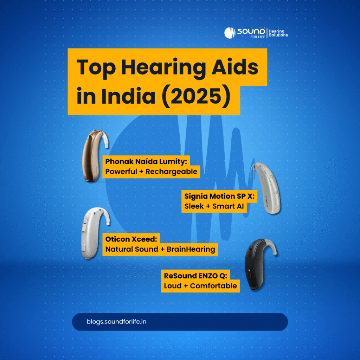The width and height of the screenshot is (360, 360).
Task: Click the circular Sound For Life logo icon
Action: (230, 33)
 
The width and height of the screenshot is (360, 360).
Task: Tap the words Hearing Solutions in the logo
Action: (278, 33)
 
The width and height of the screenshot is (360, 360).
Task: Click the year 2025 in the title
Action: (196, 96)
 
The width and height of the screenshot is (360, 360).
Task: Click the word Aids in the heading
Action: (235, 67)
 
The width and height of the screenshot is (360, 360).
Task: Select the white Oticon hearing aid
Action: (95, 233)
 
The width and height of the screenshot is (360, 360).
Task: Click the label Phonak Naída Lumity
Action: (146, 161)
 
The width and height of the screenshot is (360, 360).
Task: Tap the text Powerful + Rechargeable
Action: (151, 172)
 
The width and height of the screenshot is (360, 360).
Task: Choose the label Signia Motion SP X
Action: (219, 196)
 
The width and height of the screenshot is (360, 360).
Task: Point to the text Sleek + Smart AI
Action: (214, 206)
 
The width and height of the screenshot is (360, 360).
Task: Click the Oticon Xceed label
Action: (131, 239)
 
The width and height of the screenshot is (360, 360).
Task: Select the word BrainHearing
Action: (191, 249)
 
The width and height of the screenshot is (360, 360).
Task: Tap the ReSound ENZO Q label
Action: (195, 276)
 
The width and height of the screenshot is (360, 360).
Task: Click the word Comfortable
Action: (213, 286)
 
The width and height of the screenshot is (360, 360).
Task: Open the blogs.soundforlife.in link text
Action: (116, 322)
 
